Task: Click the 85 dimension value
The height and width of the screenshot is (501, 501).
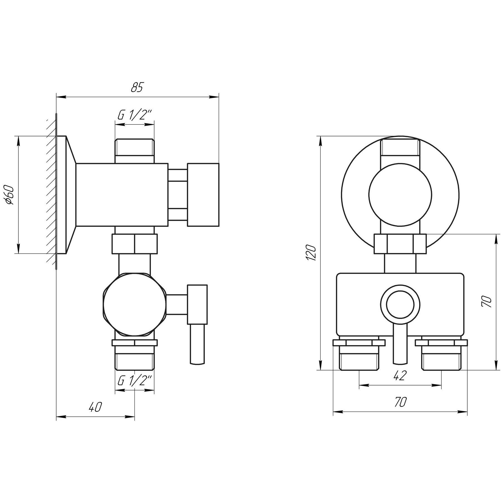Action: [137, 87]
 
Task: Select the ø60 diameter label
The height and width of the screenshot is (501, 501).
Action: [9, 195]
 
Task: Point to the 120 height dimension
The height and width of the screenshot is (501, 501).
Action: [311, 253]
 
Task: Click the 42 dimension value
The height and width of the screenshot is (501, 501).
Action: [400, 376]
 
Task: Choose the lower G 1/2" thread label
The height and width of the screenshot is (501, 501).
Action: [134, 381]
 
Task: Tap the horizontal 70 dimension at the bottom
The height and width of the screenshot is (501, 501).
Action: [400, 402]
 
